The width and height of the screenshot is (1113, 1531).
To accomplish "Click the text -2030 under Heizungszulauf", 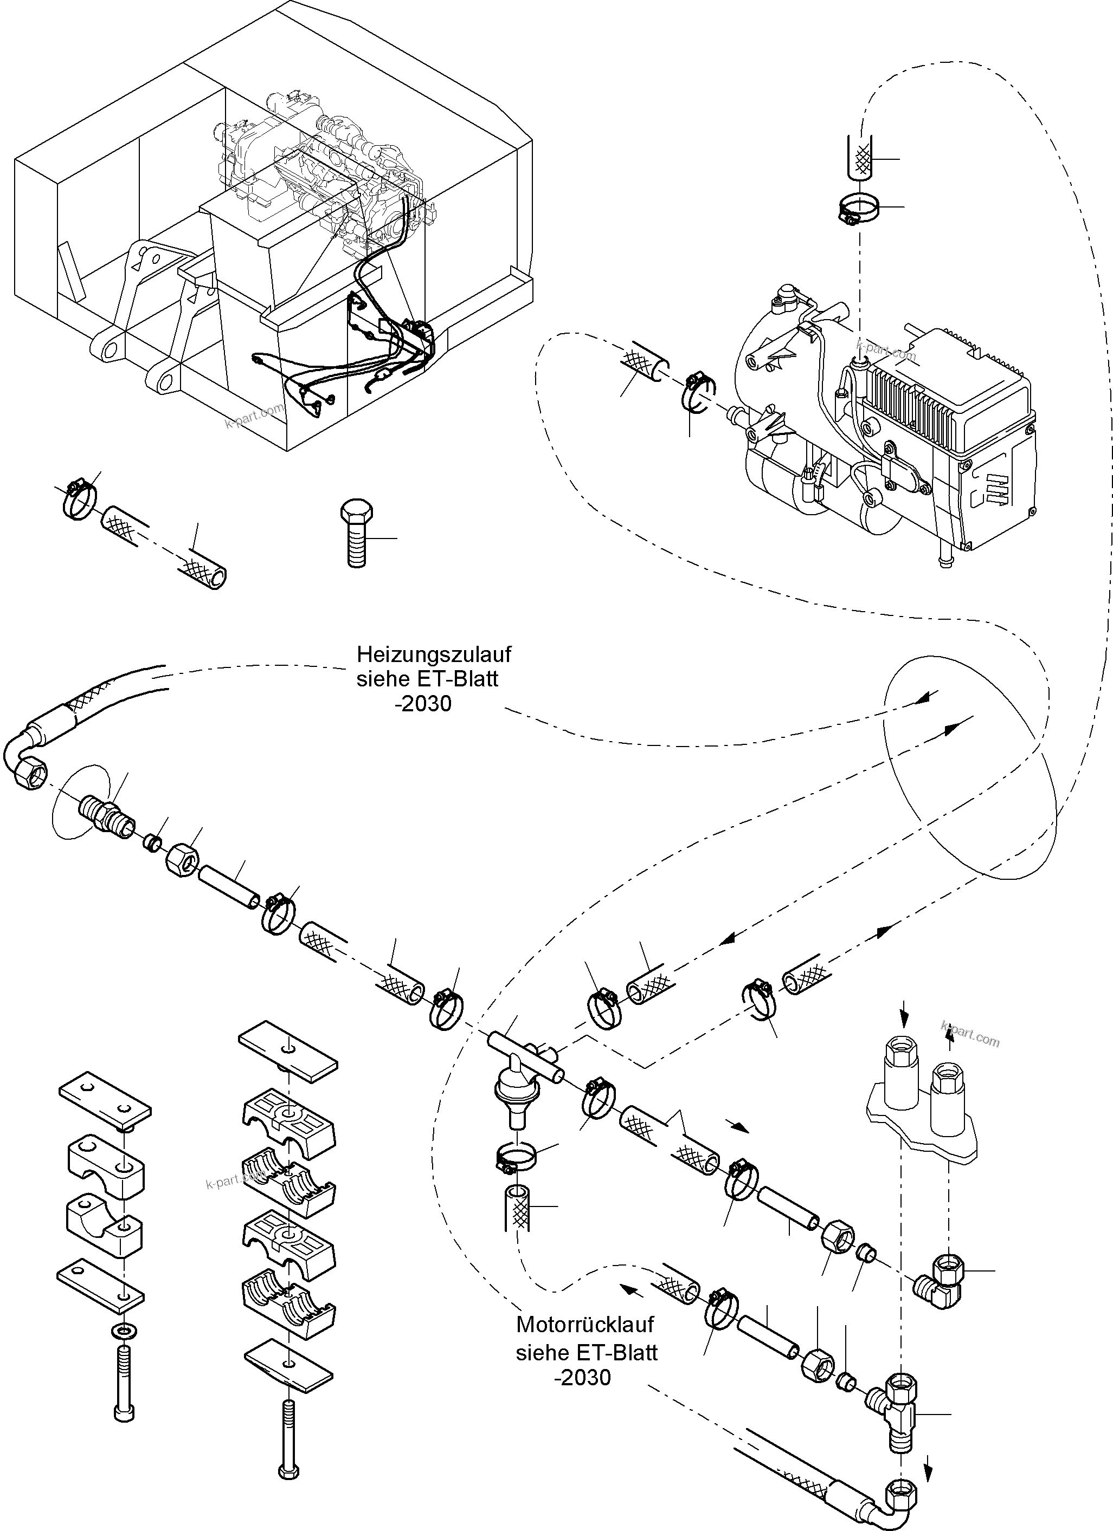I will coord(423,704).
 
